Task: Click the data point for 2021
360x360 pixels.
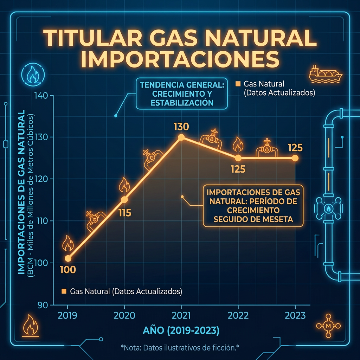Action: tap(181, 137)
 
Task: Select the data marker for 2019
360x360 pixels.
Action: tap(68, 258)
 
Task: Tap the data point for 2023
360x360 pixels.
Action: tap(295, 158)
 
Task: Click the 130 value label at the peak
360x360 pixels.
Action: tap(181, 127)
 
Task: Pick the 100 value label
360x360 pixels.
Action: tap(67, 270)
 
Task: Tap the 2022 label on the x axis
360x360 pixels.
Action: tap(238, 315)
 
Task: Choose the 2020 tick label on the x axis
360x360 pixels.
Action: tap(124, 315)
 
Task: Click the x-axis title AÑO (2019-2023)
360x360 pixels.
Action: tap(181, 330)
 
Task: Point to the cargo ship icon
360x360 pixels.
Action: tap(324, 74)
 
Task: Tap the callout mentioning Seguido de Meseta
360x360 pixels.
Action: tap(253, 206)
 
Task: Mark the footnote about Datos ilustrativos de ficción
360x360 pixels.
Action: tap(180, 348)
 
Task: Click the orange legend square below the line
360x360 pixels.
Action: tap(64, 291)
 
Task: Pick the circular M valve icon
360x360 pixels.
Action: tap(329, 326)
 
